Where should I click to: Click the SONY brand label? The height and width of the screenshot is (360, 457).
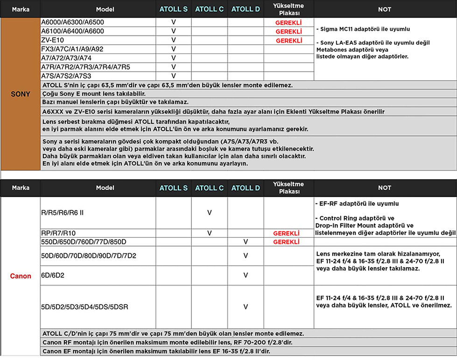[20, 94]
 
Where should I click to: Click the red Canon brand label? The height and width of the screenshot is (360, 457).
[21, 276]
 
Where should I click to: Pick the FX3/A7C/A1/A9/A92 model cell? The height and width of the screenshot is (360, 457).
[72, 49]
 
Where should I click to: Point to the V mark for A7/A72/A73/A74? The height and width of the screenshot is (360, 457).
[173, 58]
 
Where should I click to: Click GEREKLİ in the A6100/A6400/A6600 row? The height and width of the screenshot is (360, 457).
[288, 31]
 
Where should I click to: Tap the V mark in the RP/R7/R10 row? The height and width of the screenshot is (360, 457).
[210, 233]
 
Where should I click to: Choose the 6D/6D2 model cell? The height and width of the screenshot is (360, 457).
[53, 276]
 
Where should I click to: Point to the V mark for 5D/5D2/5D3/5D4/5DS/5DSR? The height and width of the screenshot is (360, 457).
[246, 307]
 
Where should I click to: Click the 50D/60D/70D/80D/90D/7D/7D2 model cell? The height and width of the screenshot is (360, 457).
[89, 256]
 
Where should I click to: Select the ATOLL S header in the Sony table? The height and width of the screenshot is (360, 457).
[173, 9]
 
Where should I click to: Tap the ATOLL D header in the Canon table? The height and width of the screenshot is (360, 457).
[246, 188]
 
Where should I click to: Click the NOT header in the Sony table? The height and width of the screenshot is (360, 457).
[385, 9]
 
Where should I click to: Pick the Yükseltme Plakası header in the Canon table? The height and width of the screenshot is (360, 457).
[288, 188]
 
